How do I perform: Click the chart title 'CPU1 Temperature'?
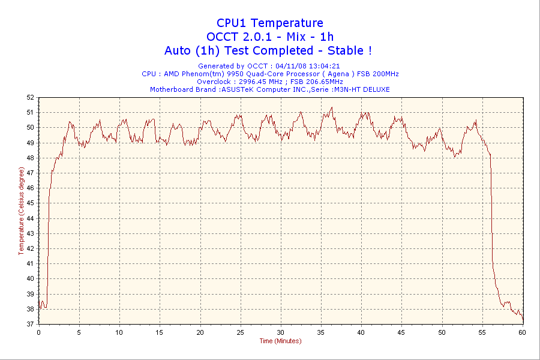tap(269, 23)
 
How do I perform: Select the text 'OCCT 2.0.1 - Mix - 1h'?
tap(269, 37)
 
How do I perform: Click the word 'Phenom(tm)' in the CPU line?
tap(204, 74)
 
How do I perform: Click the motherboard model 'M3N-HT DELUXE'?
tap(362, 89)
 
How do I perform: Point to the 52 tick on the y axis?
tap(30, 97)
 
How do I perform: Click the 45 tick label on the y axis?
tap(30, 203)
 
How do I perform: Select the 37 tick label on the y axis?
tap(30, 324)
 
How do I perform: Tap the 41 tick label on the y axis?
tap(30, 263)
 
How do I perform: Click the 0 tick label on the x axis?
tap(39, 332)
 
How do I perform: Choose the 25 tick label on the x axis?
tap(240, 332)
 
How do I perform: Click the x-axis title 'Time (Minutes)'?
tap(280, 341)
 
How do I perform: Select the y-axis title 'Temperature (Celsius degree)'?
tap(22, 211)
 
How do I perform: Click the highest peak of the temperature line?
tap(331, 108)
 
